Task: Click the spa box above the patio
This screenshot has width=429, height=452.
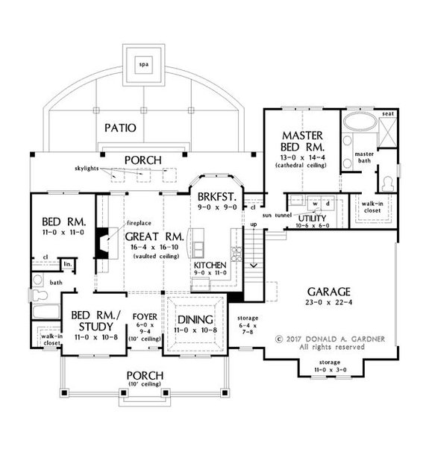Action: [x=143, y=65]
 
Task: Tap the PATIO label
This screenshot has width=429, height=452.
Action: [x=119, y=128]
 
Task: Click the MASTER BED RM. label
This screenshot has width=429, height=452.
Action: [x=301, y=140]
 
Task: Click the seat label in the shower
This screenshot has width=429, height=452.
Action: [x=387, y=113]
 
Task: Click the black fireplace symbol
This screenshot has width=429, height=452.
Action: [x=107, y=240]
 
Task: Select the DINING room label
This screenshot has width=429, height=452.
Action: [x=193, y=317]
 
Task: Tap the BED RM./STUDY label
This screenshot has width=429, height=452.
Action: [x=92, y=321]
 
